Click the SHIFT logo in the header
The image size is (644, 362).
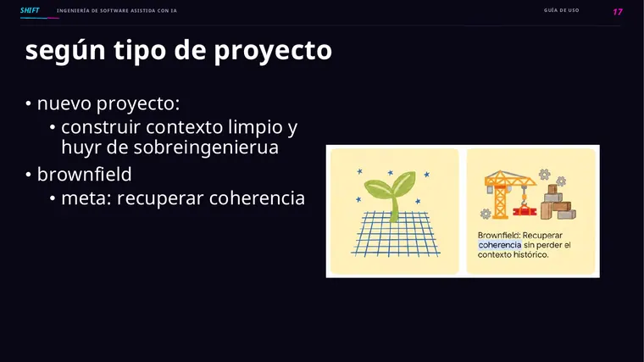[x=30, y=10]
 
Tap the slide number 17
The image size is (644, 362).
[x=617, y=12]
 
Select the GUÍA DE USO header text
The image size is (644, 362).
[x=561, y=10]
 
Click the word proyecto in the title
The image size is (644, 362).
[x=273, y=51]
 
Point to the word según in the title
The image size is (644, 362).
[x=65, y=51]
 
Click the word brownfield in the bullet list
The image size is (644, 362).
[x=84, y=175]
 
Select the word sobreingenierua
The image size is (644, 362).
[x=206, y=148]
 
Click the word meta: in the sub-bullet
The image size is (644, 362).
[x=86, y=198]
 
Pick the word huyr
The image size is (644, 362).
[x=80, y=148]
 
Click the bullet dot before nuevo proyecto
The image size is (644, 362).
[x=28, y=103]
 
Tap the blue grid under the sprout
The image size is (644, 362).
[x=395, y=234]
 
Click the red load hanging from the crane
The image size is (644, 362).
[x=525, y=211]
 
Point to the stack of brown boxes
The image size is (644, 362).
[x=558, y=203]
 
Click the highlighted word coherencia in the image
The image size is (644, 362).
[x=499, y=245]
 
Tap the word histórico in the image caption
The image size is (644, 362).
[x=530, y=254]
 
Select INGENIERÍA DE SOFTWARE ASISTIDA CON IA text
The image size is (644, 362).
[x=117, y=11]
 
